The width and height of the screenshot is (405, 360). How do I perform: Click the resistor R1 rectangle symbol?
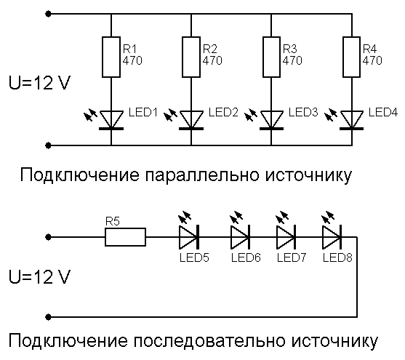(x=111, y=57)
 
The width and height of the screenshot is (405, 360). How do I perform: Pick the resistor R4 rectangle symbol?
(x=353, y=57)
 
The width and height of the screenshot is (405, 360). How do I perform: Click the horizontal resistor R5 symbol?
(x=125, y=236)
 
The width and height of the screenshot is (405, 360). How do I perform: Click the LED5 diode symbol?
(x=189, y=236)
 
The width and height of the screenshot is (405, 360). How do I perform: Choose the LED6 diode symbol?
(x=241, y=236)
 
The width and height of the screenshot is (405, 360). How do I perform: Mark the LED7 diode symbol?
(x=286, y=236)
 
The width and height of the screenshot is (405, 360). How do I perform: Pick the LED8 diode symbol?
(x=332, y=236)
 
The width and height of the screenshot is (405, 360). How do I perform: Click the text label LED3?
(x=303, y=113)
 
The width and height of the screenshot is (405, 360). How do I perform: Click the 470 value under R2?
(x=212, y=61)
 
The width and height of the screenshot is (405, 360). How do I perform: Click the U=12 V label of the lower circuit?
(x=39, y=278)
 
